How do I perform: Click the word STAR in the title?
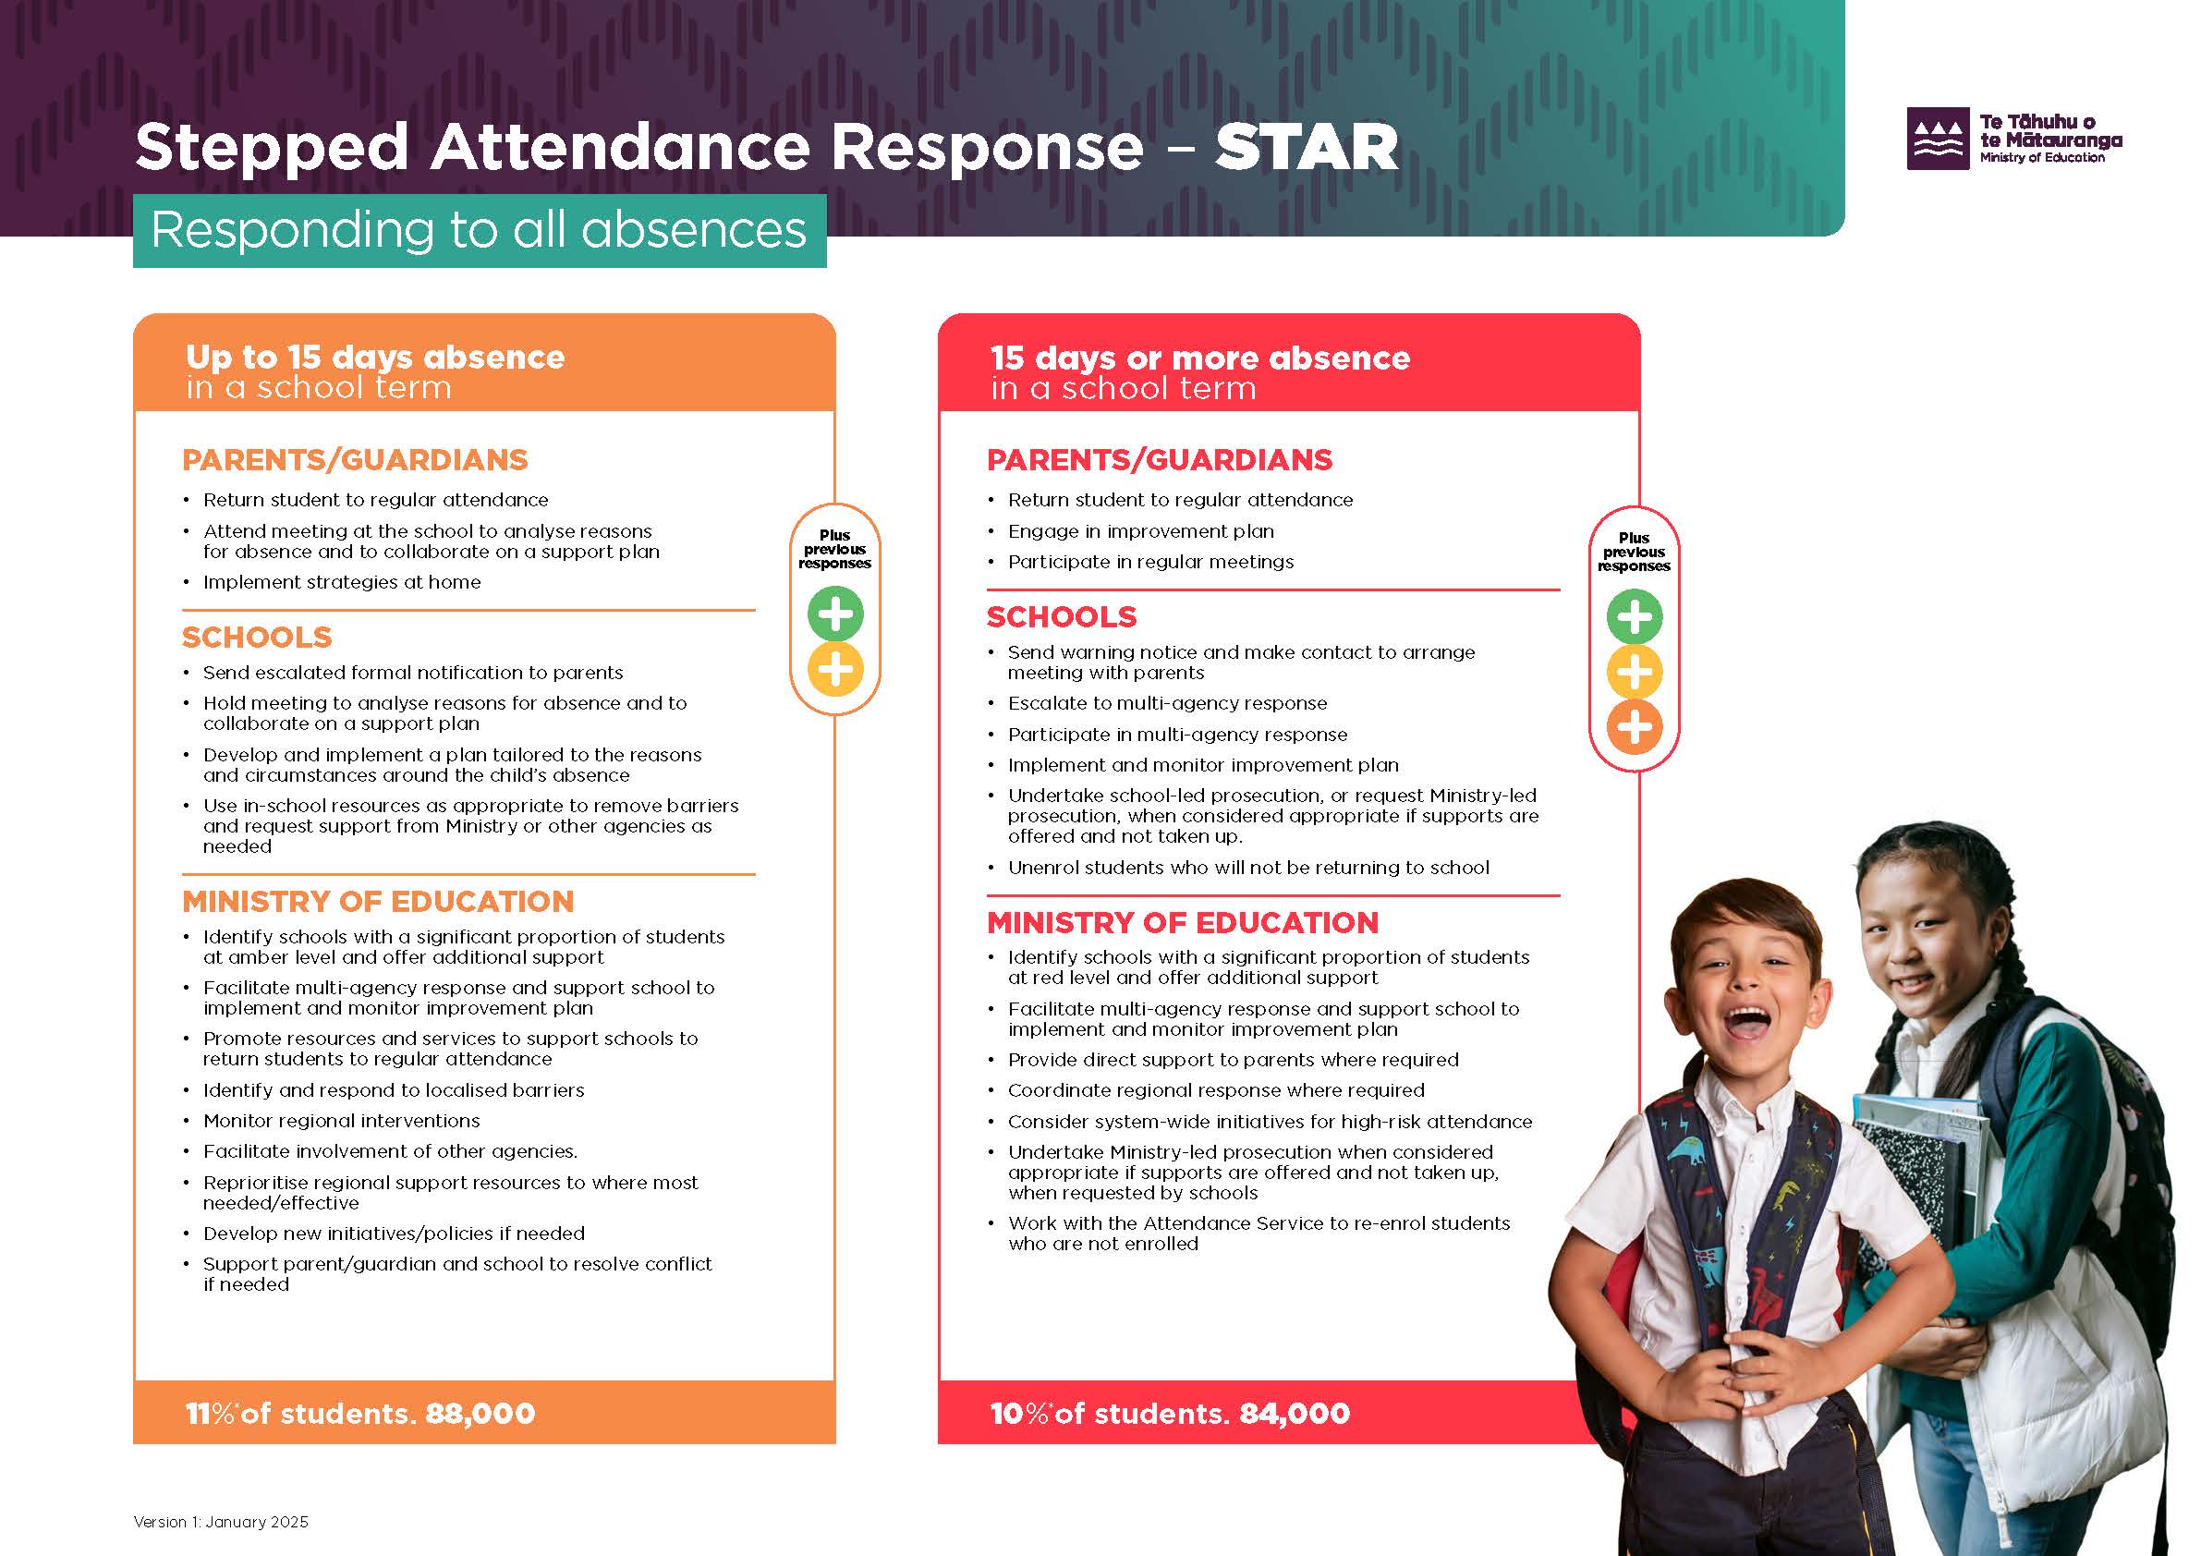(1307, 148)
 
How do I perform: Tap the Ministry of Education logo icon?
(1939, 139)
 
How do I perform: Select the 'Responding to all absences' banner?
(480, 230)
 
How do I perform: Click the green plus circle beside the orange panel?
(835, 614)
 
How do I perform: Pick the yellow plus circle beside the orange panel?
(835, 669)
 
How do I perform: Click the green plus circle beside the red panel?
(1635, 616)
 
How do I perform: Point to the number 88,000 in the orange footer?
(480, 1413)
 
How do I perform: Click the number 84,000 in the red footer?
(1295, 1413)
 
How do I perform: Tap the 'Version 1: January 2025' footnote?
(221, 1522)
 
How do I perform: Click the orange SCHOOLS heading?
(257, 638)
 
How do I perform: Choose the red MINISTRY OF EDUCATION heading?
(1183, 922)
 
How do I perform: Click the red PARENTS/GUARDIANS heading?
(1160, 460)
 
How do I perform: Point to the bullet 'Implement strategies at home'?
(341, 582)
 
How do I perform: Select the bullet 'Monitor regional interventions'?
(341, 1121)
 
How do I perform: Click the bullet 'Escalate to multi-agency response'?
(1168, 703)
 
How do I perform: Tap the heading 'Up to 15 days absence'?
(375, 357)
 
